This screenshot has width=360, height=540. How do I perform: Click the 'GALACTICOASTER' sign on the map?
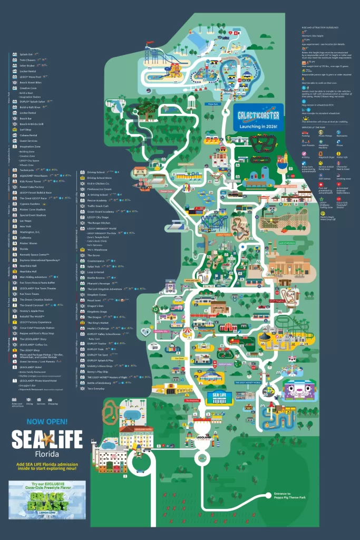[258, 112]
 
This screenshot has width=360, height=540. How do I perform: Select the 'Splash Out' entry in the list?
[26, 54]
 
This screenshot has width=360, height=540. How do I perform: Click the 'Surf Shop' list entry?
[26, 128]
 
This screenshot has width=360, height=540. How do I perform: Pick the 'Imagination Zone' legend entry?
[31, 147]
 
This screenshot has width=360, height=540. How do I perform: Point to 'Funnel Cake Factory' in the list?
[32, 186]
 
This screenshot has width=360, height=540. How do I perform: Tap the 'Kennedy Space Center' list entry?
[36, 254]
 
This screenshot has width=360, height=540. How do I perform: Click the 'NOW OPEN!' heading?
[47, 421]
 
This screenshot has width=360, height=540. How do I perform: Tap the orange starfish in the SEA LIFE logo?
[47, 438]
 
